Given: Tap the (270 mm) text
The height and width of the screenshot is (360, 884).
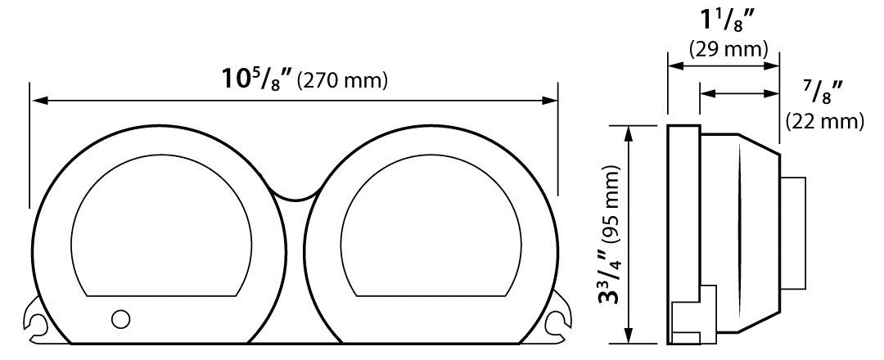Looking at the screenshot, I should click(x=341, y=82).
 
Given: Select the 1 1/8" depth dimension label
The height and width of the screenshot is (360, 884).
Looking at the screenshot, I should click(x=724, y=20).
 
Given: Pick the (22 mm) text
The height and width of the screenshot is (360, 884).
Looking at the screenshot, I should click(x=824, y=122).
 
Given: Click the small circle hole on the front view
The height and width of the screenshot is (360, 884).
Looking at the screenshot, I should click(x=120, y=317).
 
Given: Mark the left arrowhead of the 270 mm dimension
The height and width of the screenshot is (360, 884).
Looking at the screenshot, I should click(x=38, y=101).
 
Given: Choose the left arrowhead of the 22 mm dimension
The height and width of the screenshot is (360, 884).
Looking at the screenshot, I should click(x=706, y=94).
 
